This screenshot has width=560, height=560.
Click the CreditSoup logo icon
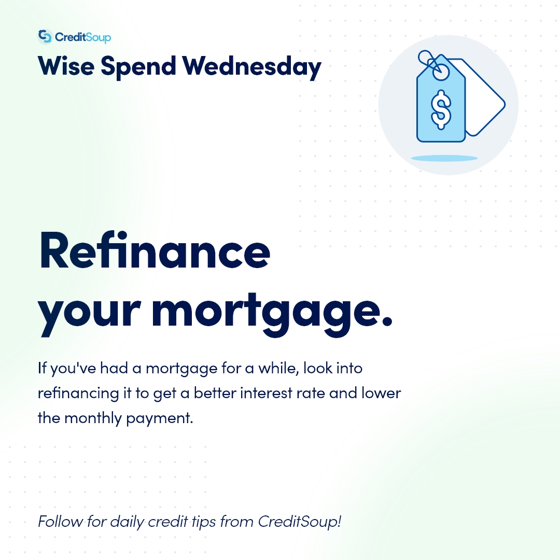(x=46, y=37)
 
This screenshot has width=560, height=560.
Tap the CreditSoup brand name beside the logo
(x=83, y=37)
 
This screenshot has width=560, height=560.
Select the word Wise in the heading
(x=65, y=66)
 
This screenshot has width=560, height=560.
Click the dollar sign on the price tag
(x=441, y=109)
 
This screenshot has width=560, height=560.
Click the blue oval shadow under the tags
(x=444, y=158)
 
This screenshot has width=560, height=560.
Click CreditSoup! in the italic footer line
(x=300, y=521)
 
